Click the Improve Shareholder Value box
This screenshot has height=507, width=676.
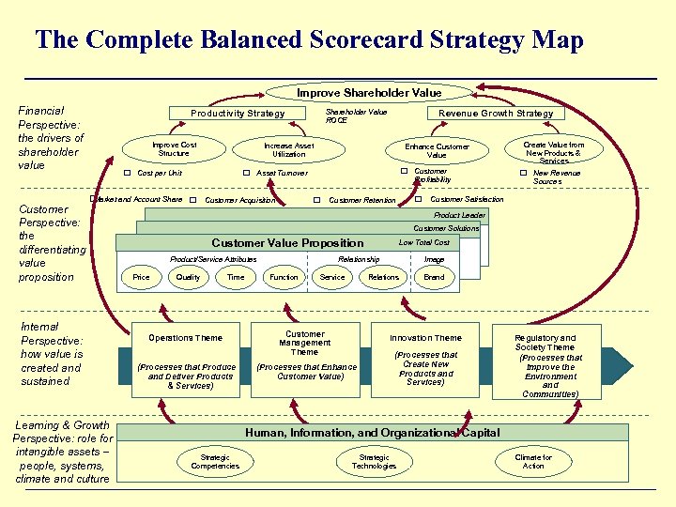(369, 93)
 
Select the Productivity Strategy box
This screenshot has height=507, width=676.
(238, 114)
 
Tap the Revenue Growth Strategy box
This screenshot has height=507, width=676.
(496, 114)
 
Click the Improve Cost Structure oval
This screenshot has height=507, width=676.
(175, 149)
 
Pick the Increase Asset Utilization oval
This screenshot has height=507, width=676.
(288, 150)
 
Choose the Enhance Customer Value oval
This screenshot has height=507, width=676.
(437, 151)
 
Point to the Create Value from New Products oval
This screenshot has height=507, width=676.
(553, 150)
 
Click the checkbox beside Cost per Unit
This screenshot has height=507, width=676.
(129, 173)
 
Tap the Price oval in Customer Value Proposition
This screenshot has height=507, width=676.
(141, 277)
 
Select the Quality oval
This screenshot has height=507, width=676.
(188, 277)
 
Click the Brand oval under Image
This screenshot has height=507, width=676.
(434, 277)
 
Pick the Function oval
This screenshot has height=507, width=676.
(284, 277)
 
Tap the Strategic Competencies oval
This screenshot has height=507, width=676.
(215, 462)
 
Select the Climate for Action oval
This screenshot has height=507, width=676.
(533, 462)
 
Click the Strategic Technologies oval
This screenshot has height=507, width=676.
(374, 462)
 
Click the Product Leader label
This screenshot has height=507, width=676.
(459, 215)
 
